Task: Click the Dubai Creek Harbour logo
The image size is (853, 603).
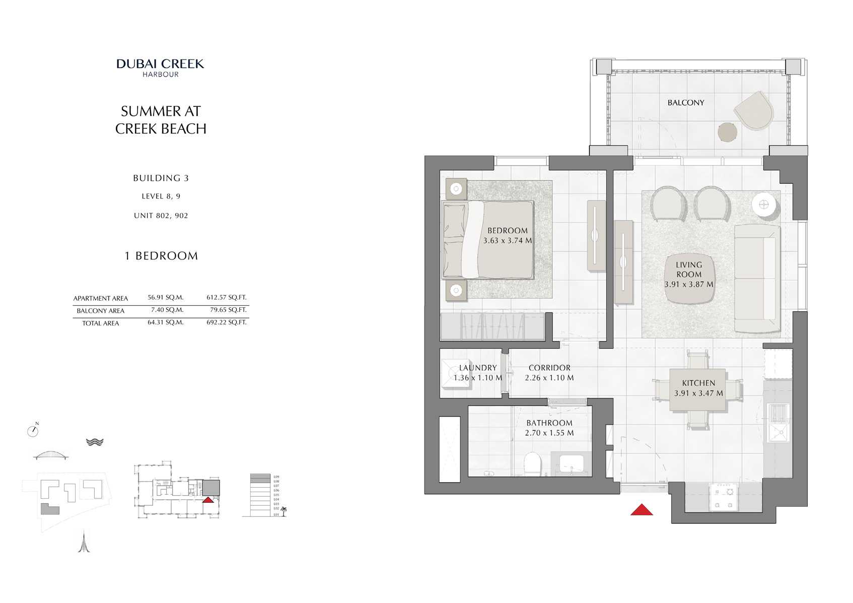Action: point(160,68)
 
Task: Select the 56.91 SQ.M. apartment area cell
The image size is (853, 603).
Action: point(165,298)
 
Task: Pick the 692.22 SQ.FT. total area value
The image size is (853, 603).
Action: point(227,322)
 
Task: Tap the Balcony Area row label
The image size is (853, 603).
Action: point(100,311)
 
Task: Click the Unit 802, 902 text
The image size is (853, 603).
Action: point(161,216)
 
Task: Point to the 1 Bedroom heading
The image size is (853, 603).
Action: point(161,256)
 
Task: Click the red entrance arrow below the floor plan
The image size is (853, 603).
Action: point(642,510)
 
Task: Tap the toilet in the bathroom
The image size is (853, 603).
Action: point(532,463)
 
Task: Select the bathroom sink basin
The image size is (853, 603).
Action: point(571,463)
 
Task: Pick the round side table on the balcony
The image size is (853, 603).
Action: point(727,132)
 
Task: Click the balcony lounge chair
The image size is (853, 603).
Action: point(753,110)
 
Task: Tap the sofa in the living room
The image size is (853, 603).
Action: point(756,279)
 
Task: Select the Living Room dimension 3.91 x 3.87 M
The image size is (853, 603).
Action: point(688,285)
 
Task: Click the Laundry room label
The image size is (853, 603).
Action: point(477,368)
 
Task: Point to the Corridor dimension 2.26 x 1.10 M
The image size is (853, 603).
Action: point(549,378)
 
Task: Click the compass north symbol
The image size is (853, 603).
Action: point(33,431)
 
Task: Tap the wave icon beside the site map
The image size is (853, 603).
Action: point(95,442)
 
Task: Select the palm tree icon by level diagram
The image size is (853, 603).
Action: point(283,511)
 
